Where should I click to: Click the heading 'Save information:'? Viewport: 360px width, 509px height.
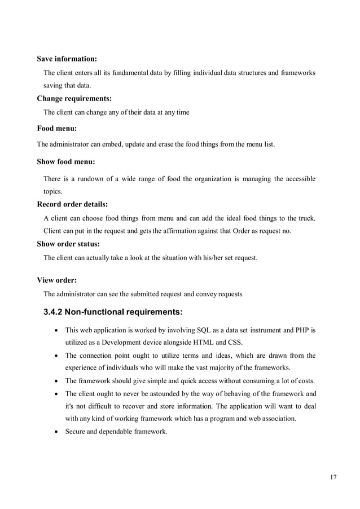click(x=67, y=59)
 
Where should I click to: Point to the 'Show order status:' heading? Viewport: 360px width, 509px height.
click(x=68, y=244)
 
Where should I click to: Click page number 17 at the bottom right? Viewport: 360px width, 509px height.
click(x=333, y=478)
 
